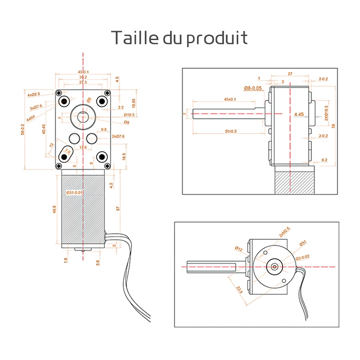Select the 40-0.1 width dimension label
(83, 72)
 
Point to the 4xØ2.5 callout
(34, 94)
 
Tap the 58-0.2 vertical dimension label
(24, 129)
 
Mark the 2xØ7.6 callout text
(118, 136)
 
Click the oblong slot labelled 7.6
(67, 153)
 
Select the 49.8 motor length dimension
(54, 210)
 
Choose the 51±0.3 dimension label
(230, 131)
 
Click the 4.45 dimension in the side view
(299, 115)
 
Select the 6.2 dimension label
(325, 160)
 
